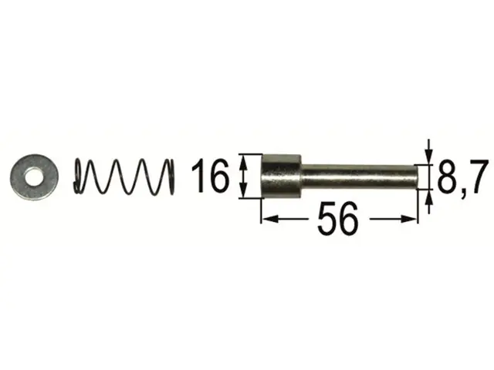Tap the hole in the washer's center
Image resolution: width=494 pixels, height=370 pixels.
click(x=34, y=177)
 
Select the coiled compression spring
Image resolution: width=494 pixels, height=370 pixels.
click(x=123, y=177)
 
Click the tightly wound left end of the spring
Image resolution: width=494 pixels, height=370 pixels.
click(x=79, y=177)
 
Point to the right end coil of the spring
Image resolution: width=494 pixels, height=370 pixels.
click(x=171, y=177)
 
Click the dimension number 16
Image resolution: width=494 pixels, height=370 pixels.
click(x=210, y=176)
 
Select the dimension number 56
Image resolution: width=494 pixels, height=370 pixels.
click(x=338, y=219)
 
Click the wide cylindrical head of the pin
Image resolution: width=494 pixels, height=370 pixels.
click(x=282, y=177)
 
